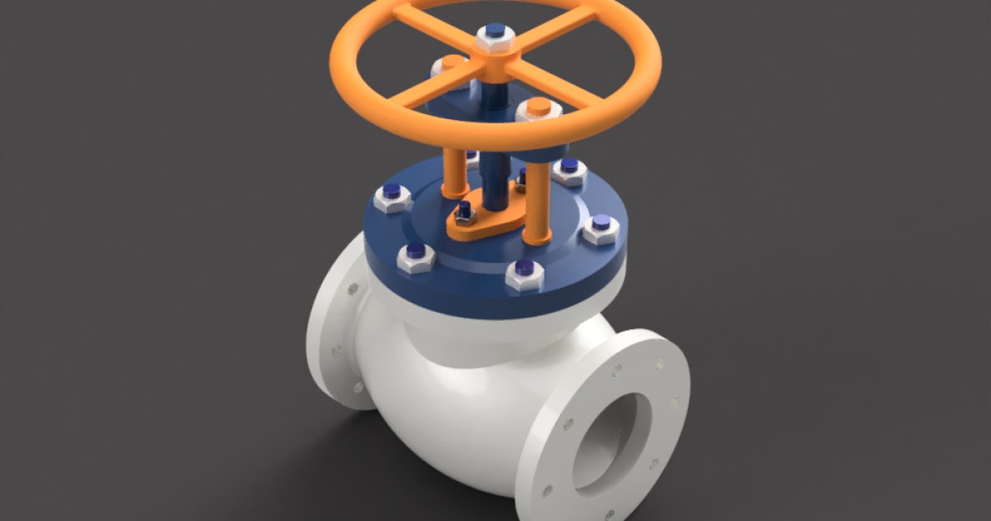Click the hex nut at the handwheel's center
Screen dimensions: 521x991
coord(495,37)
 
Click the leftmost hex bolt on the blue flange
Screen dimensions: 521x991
coord(391,197)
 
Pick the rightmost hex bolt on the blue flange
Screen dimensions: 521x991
coord(601,228)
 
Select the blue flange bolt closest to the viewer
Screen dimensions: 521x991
coord(524,273)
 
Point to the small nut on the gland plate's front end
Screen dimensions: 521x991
coord(465,214)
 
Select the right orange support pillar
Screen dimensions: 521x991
coord(538,198)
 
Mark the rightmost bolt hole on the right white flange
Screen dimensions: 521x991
coord(676,404)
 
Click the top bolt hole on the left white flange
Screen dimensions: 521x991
coord(353,289)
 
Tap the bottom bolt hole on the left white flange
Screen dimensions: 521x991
coord(358,386)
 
